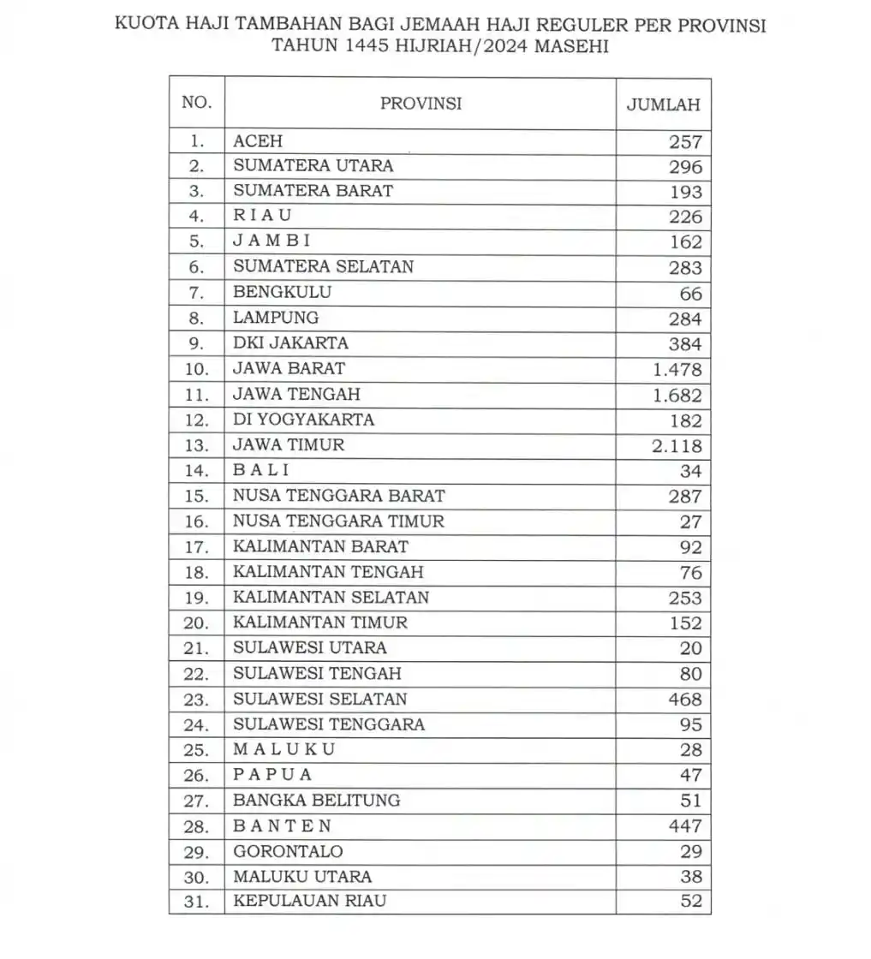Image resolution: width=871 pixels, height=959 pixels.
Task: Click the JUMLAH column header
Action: click(x=663, y=104)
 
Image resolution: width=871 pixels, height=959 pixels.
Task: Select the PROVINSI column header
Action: click(x=421, y=104)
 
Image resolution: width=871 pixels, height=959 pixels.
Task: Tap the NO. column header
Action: click(x=196, y=104)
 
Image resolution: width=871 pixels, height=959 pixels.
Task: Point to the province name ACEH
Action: click(x=258, y=141)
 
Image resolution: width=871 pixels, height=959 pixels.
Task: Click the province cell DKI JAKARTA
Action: click(x=290, y=343)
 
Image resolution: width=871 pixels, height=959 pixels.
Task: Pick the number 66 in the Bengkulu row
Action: click(x=690, y=294)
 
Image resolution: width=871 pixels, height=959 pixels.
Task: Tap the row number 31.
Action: click(x=196, y=901)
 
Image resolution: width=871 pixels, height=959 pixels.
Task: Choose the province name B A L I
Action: click(x=261, y=470)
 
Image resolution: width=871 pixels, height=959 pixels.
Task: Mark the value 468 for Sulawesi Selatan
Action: click(x=685, y=699)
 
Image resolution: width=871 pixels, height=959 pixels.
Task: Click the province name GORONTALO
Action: click(x=288, y=851)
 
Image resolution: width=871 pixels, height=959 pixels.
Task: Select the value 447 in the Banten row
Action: click(x=685, y=825)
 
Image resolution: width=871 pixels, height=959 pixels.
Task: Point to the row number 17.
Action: click(x=196, y=546)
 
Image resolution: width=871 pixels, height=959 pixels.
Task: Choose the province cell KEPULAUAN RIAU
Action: click(x=309, y=901)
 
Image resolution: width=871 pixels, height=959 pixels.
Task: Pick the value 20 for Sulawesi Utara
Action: click(x=690, y=648)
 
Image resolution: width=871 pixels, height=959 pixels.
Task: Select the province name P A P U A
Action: click(x=272, y=775)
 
